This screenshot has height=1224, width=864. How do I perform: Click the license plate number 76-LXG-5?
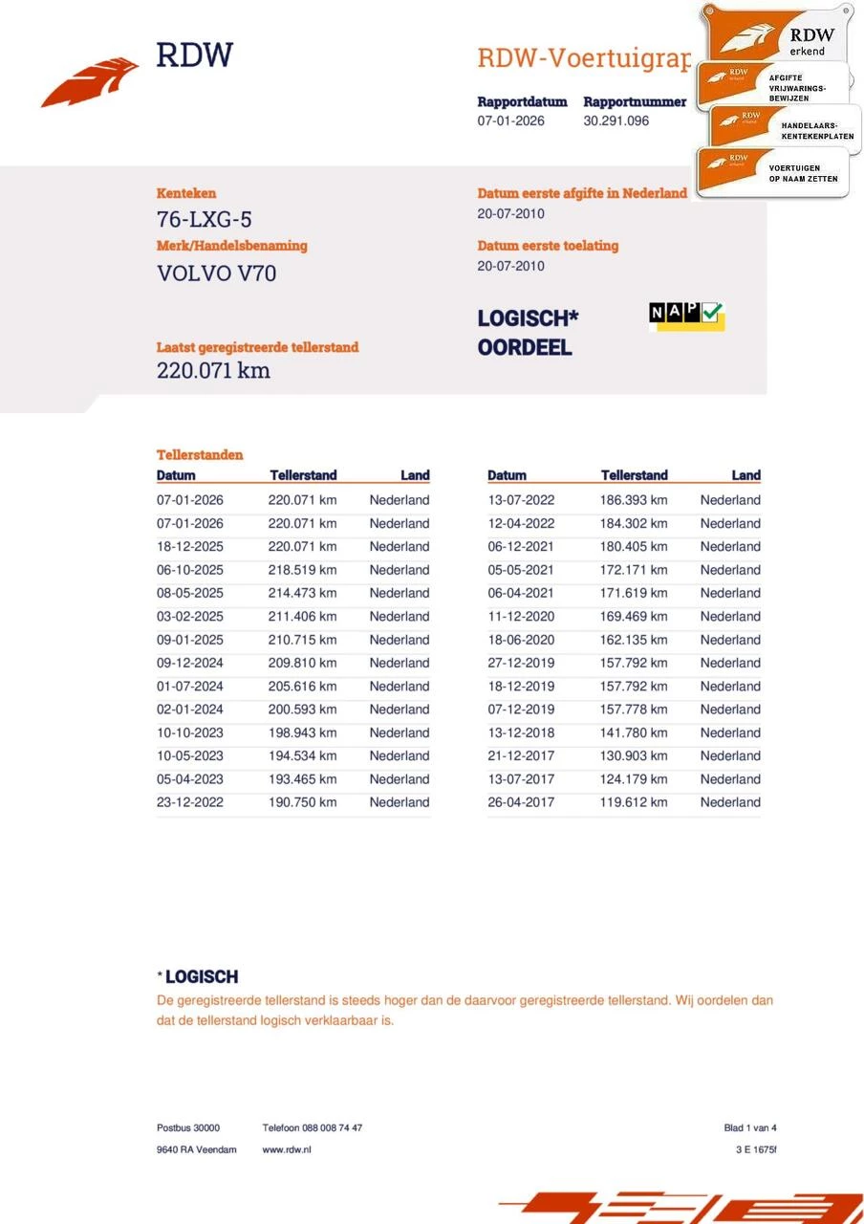(205, 220)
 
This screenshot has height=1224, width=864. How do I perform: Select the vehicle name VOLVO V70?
(217, 273)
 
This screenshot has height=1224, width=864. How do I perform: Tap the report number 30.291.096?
(616, 121)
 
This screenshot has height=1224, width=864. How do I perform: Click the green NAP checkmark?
(713, 313)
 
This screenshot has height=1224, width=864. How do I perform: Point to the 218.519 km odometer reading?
(302, 570)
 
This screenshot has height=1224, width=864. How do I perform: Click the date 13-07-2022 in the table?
(521, 500)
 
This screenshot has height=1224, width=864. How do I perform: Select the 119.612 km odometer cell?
(634, 802)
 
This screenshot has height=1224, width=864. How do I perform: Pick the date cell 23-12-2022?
(190, 802)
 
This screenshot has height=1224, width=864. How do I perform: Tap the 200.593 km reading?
(302, 710)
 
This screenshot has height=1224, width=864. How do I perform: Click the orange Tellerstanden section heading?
(200, 455)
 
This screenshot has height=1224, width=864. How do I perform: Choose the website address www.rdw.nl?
(287, 1149)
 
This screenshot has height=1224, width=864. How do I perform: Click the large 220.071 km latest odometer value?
(213, 371)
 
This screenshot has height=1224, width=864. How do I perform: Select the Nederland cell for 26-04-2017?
(730, 802)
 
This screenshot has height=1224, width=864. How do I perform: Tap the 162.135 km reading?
(634, 640)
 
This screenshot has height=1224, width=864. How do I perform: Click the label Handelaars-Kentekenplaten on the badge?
(817, 131)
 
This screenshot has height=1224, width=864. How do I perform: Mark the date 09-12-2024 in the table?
(190, 663)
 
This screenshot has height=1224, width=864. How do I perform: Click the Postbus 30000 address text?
(188, 1128)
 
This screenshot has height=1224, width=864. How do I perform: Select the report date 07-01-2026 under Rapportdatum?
(511, 121)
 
